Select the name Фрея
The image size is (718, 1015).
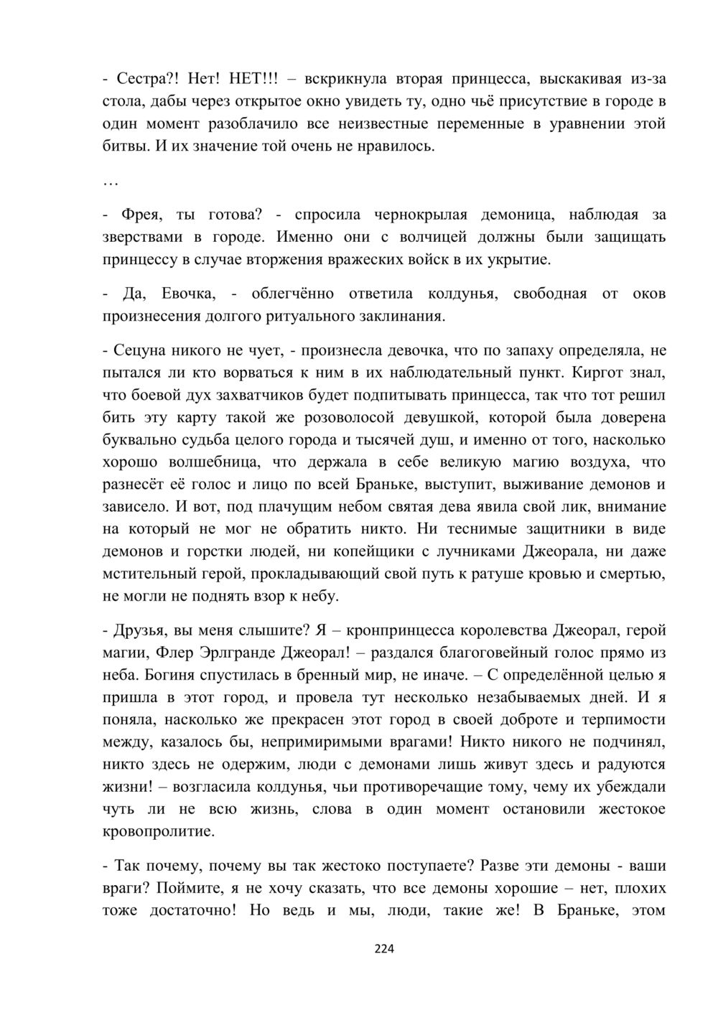pos(144,214)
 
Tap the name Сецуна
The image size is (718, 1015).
pos(140,350)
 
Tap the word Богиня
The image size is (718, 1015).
pos(172,675)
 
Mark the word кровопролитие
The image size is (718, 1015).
pos(159,831)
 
